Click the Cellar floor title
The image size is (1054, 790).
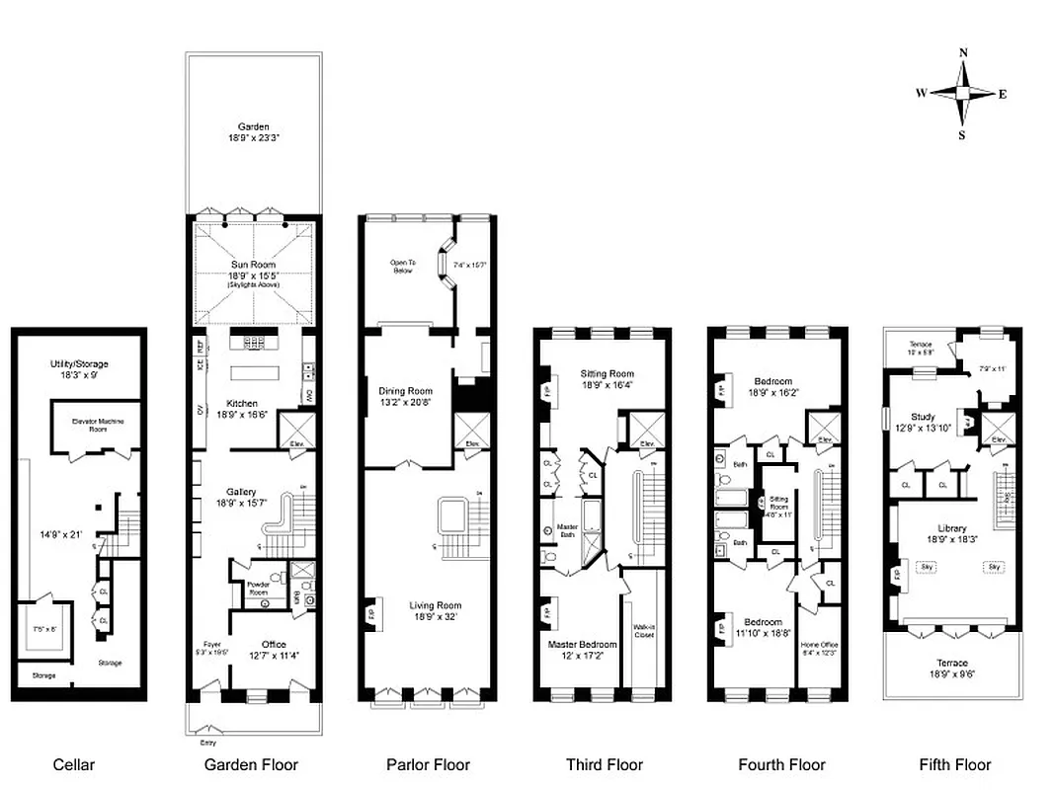(73, 764)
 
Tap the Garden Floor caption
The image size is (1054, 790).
(251, 764)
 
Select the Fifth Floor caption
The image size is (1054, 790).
(954, 764)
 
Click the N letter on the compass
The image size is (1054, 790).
(964, 54)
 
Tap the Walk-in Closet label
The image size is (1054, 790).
(644, 631)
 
